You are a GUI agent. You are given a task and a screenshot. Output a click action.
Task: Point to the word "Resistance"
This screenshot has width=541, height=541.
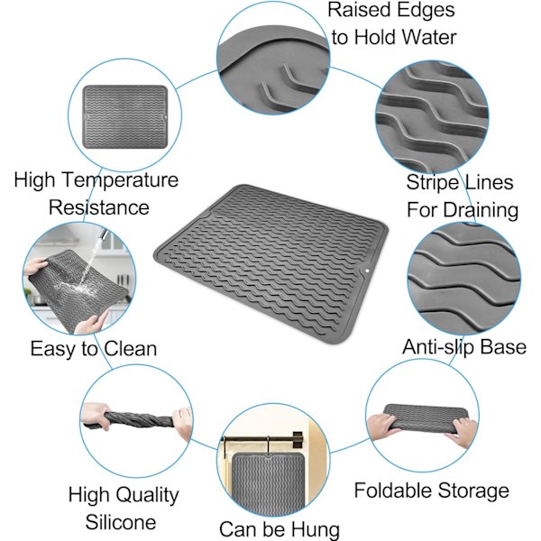pos(98,207)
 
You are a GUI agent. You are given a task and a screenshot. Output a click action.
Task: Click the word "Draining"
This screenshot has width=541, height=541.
pos(481,210)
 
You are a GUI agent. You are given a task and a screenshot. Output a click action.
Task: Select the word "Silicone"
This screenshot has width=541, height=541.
pos(121,522)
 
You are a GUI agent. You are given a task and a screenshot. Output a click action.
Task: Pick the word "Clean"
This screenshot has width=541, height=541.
pos(130,348)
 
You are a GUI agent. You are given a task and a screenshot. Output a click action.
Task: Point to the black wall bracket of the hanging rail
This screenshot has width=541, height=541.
pos(298,439)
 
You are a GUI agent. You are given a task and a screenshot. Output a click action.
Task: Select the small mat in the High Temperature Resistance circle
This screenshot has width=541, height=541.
pos(125,117)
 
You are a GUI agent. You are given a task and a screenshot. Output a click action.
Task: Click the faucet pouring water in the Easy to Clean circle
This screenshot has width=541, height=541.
pos(104,234)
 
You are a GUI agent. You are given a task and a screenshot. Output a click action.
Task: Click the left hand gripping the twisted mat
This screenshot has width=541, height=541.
pos(95,416)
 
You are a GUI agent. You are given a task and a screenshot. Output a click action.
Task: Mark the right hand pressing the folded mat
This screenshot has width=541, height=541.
pos(462,432)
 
